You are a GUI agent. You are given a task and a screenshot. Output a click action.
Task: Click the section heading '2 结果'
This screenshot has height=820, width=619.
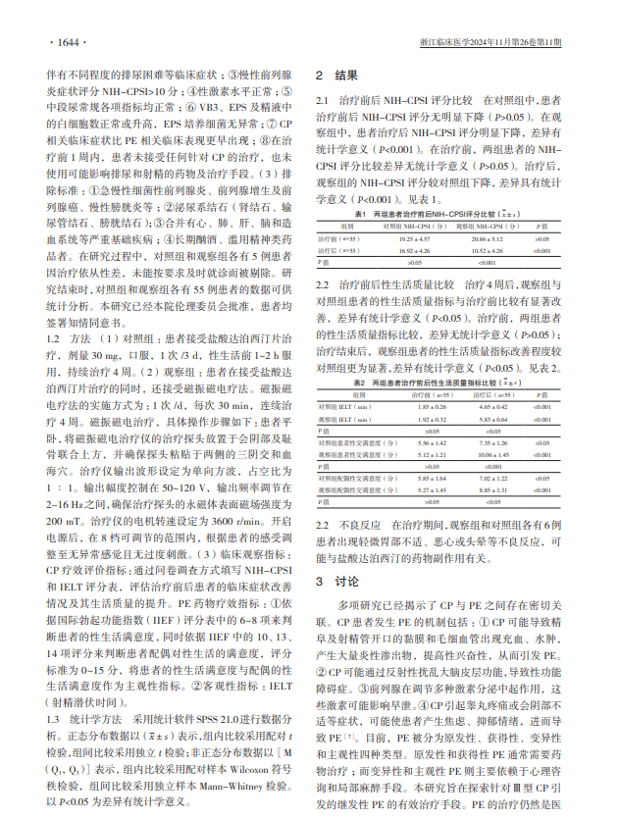[x=335, y=75]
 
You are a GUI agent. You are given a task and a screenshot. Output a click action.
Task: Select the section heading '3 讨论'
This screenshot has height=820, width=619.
[x=335, y=581]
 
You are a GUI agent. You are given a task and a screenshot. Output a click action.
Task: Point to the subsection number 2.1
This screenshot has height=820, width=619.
[x=321, y=100]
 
